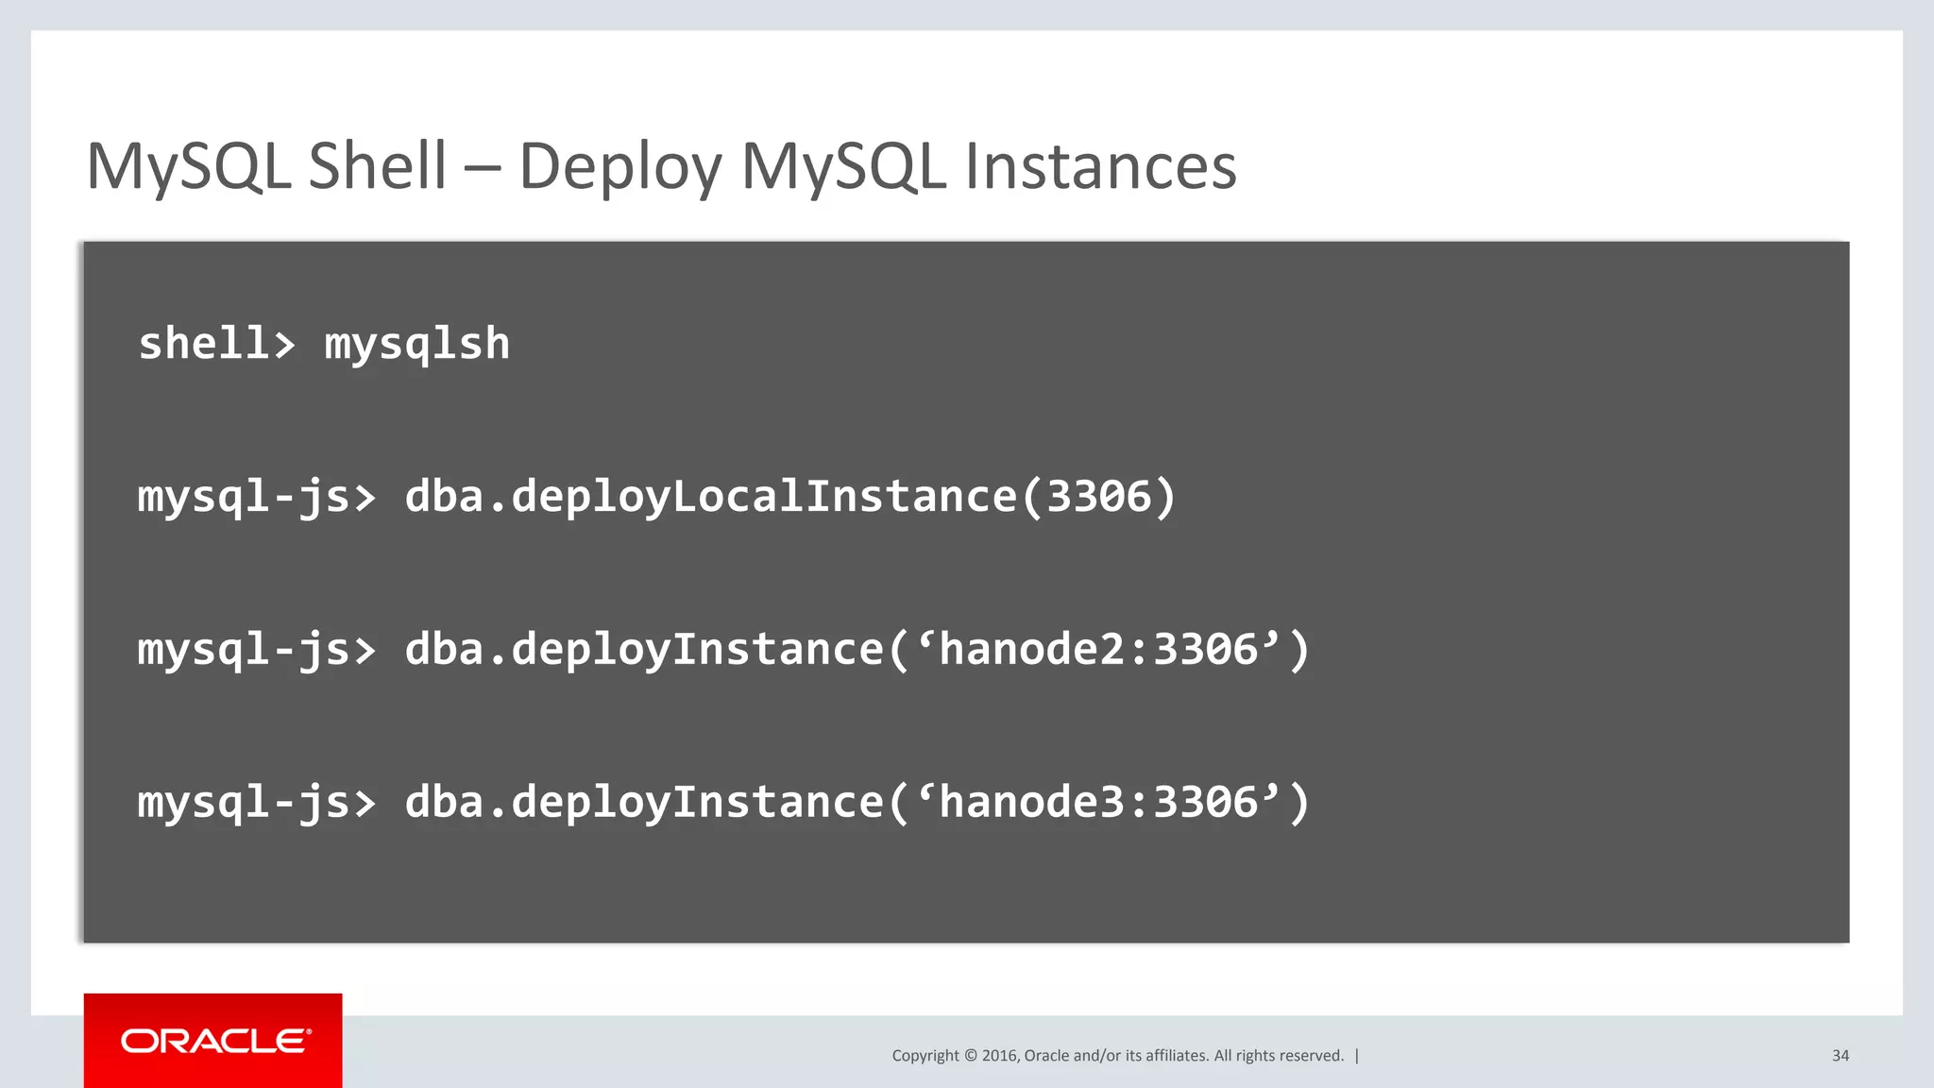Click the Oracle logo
click(x=215, y=1041)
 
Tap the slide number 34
click(x=1840, y=1056)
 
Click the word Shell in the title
click(x=377, y=166)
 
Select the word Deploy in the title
click(x=619, y=168)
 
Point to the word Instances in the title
click(x=1100, y=166)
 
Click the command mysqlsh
click(x=416, y=344)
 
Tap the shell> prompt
click(x=216, y=344)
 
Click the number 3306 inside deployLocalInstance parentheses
click(x=1099, y=497)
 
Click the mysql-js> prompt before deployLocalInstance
click(x=256, y=497)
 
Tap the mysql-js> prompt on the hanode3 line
click(x=256, y=803)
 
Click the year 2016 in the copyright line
click(x=999, y=1056)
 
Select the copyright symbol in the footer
click(x=970, y=1056)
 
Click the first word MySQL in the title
click(x=188, y=166)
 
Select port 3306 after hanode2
click(x=1206, y=650)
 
